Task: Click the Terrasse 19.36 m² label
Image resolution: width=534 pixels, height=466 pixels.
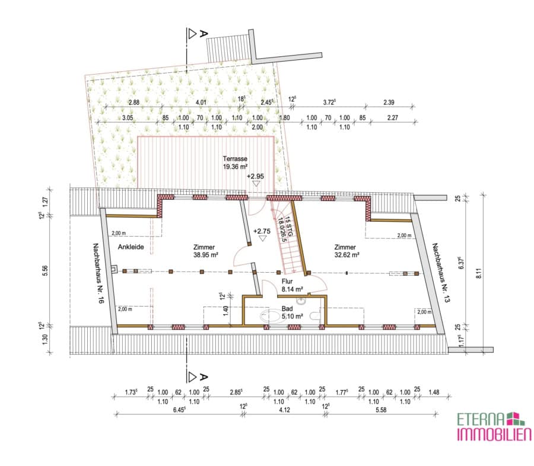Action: point(235,162)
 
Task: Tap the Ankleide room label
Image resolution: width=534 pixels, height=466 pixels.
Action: point(131,247)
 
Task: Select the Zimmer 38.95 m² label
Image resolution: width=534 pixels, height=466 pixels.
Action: point(205,251)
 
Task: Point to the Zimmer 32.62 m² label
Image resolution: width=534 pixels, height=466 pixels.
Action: point(347,251)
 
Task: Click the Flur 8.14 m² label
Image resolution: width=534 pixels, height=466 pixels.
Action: point(292,286)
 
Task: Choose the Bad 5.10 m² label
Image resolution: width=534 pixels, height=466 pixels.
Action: point(292,312)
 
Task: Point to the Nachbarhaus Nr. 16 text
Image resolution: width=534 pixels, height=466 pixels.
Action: point(98,273)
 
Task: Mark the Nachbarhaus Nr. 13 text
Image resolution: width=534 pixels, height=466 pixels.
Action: point(441,273)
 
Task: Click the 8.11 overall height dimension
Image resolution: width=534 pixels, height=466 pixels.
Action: point(479,273)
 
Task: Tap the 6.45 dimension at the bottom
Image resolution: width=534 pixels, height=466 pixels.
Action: point(179,410)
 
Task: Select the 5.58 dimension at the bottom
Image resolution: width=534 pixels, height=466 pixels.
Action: point(381,410)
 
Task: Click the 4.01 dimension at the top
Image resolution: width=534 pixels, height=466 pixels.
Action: point(201,102)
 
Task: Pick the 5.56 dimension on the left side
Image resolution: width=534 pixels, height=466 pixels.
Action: point(45,270)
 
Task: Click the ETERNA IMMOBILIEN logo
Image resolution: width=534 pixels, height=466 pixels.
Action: point(494,426)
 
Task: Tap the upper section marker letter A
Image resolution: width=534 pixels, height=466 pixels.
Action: point(204,33)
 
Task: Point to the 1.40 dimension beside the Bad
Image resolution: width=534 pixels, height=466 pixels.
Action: point(225,311)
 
